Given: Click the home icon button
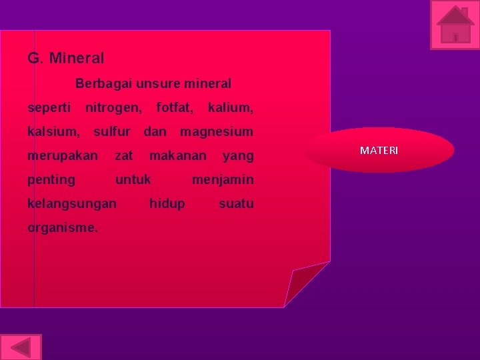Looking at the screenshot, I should pos(455,25).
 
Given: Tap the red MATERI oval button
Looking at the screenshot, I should pos(379,150).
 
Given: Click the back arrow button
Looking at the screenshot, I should pos(21,347).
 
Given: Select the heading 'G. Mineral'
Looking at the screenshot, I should pos(66,59).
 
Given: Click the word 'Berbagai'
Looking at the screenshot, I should pos(103,84).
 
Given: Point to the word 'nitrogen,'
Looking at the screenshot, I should pos(113,107).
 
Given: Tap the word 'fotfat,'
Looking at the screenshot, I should pos(175,107).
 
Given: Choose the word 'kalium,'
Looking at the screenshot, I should pos(230,107).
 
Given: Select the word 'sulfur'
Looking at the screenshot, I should pos(111,131).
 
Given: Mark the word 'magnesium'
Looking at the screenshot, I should pos(217,131).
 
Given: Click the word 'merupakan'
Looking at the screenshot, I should pos(63,156).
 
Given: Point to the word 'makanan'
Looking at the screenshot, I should pos(178,156).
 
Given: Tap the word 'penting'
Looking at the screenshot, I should pos(51,180).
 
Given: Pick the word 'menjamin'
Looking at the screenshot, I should pos(223,179).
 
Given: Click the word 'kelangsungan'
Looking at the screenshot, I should pos(72,203).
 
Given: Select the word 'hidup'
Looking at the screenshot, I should pos(167,203).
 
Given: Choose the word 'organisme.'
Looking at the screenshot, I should pos(63,227).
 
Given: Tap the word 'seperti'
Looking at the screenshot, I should pos(49,107).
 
